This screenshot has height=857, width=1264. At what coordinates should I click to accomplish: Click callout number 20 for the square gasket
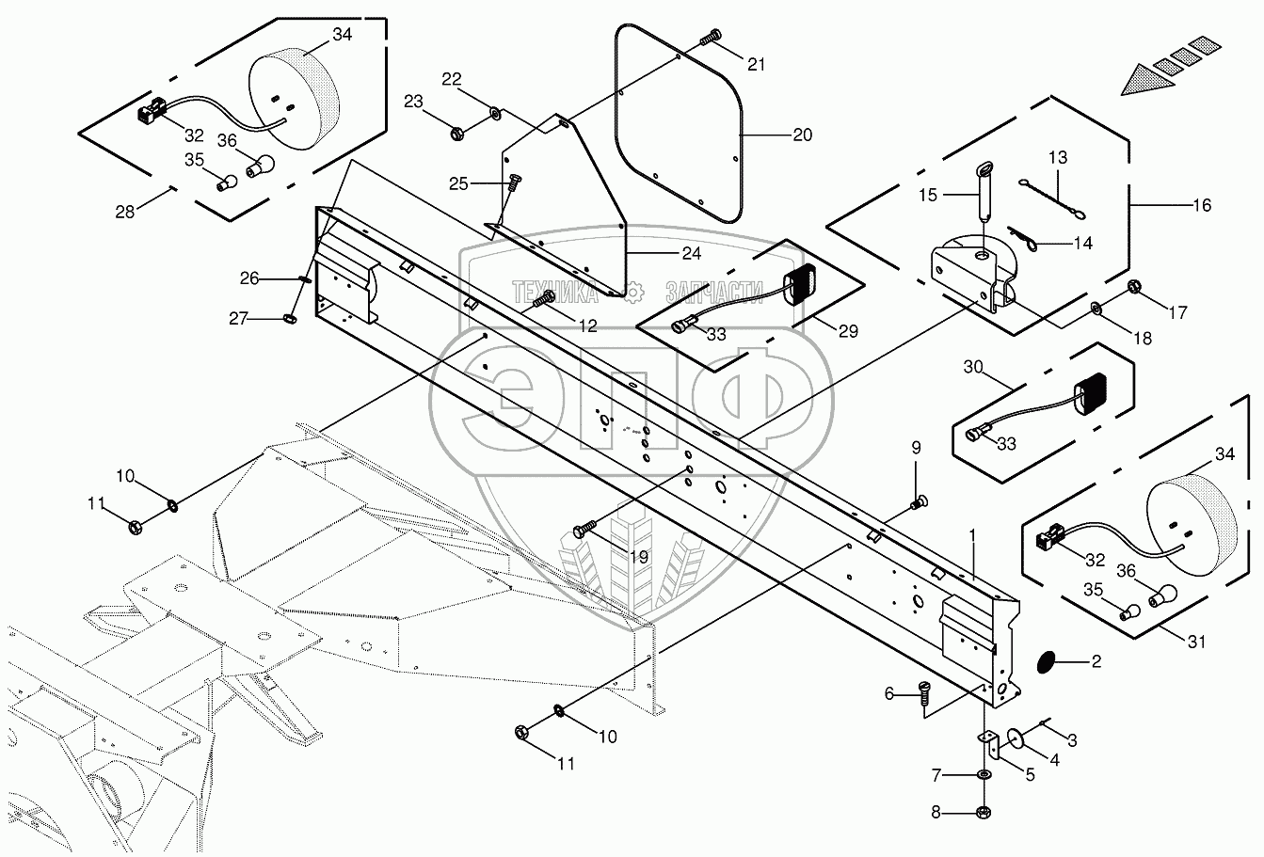point(802,135)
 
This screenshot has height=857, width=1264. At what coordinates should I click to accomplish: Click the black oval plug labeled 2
point(1046,662)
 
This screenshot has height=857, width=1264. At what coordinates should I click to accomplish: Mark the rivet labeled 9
point(919,504)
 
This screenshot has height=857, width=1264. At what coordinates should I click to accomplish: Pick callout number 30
point(973,368)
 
